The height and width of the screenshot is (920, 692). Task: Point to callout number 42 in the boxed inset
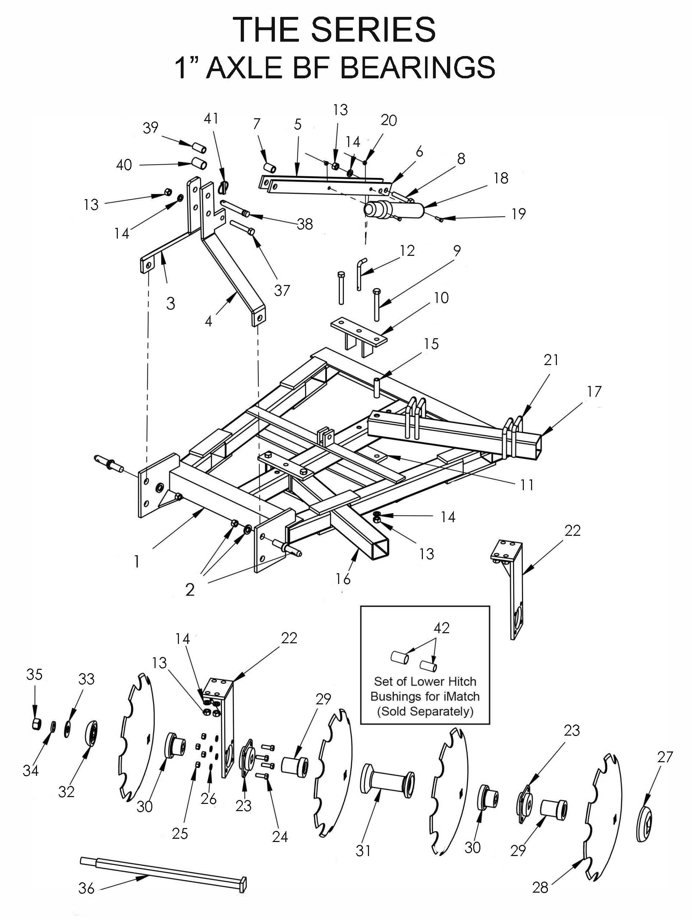pyautogui.click(x=442, y=627)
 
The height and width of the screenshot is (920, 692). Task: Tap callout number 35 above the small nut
pyautogui.click(x=34, y=674)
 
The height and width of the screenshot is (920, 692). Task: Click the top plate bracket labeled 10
pyautogui.click(x=359, y=337)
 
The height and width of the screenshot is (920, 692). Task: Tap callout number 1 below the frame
pyautogui.click(x=137, y=561)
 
